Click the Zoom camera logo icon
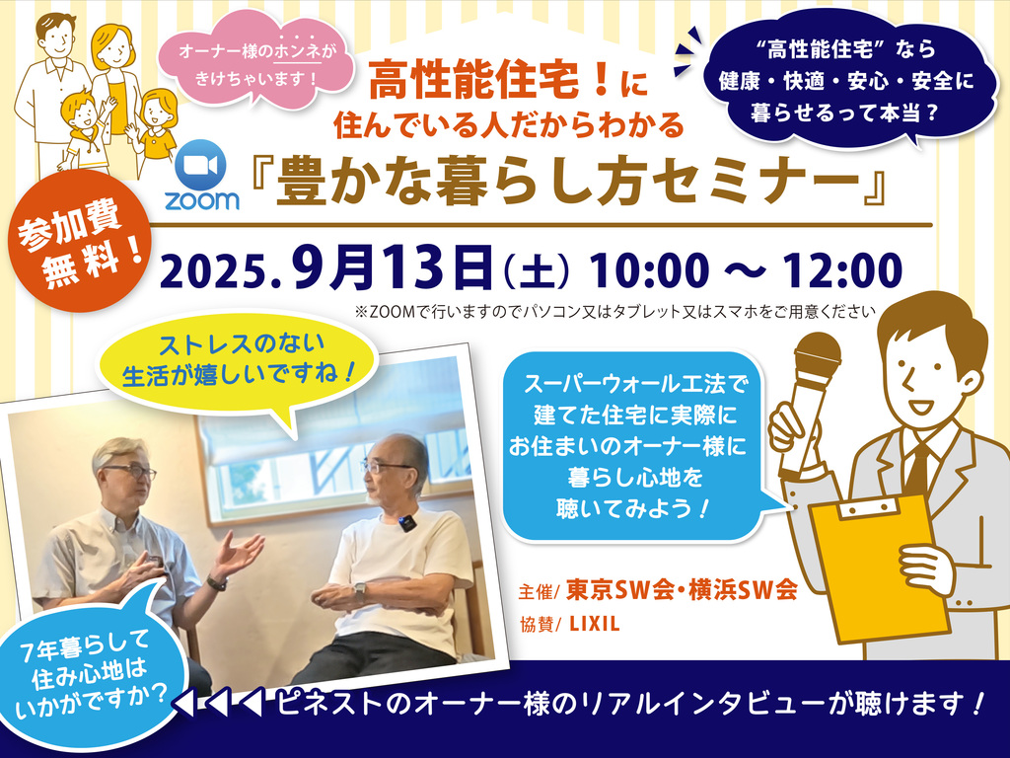click(201, 165)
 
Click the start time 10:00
click(649, 270)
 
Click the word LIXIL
click(595, 624)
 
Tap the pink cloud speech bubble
click(255, 62)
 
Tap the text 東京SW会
click(619, 590)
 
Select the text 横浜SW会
click(743, 590)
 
